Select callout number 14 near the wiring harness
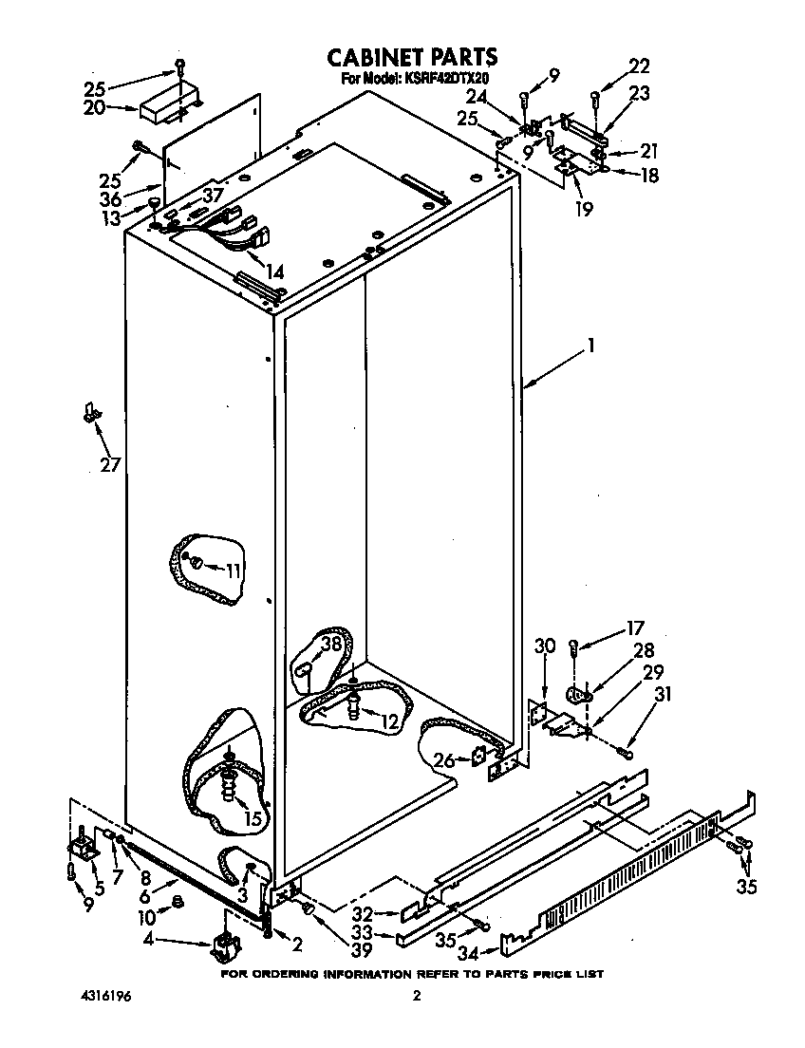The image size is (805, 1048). [274, 272]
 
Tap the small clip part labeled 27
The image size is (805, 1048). [90, 412]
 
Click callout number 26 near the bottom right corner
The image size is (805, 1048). [443, 758]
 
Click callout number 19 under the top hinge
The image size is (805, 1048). [583, 209]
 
